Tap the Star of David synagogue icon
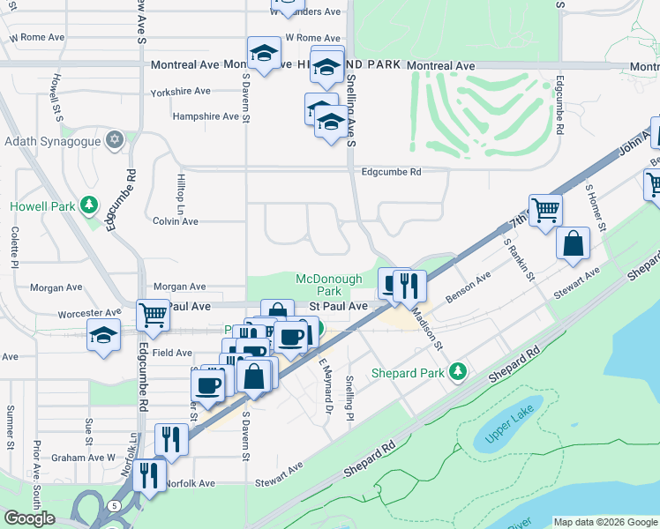(114, 139)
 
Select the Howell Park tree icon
(88, 205)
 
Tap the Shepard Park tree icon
(457, 371)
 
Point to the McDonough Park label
(328, 285)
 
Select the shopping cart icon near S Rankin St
(545, 211)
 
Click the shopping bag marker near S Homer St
(574, 244)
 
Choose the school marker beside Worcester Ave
(104, 334)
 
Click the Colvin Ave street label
(175, 220)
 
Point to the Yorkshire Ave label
(180, 91)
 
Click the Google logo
(29, 518)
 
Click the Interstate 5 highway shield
(116, 505)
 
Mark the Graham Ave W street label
(84, 458)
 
